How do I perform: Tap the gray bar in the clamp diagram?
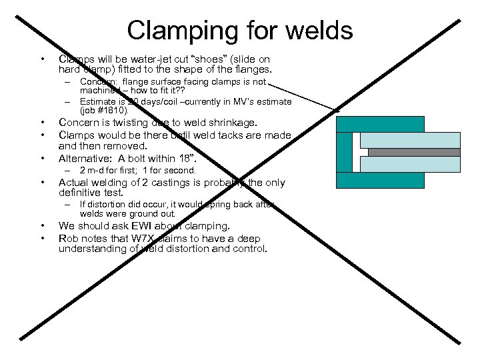coord(413,152)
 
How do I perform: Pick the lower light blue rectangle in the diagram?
coord(413,164)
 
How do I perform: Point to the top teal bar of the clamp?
coord(380,124)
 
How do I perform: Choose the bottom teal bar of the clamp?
coord(380,180)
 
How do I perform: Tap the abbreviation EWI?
coord(154,226)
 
